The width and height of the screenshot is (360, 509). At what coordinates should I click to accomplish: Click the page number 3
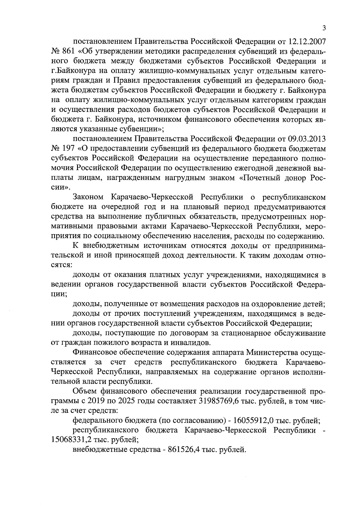[324, 28]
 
